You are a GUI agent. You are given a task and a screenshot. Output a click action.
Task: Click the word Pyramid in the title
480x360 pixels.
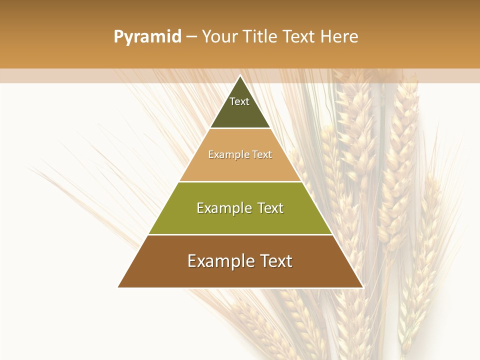pos(147,37)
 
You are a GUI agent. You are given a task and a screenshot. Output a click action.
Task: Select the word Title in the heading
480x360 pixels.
pos(261,37)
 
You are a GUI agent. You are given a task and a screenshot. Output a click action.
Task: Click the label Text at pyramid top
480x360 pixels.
pos(239,101)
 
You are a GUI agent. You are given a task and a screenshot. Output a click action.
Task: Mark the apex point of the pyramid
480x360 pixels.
pos(240,76)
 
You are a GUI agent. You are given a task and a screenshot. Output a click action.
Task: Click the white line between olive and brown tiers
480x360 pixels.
pos(240,234)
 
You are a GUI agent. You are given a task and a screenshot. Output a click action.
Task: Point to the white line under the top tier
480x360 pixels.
pos(240,128)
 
